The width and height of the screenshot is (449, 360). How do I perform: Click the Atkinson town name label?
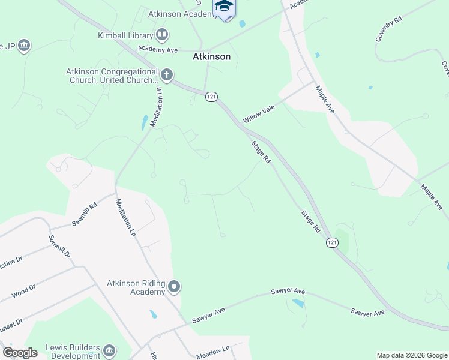click(211, 57)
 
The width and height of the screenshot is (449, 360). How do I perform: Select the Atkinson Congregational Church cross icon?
click(167, 76)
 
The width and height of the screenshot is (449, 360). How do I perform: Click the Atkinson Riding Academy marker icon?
click(175, 287)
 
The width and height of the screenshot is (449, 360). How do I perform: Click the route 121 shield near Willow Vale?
click(211, 97)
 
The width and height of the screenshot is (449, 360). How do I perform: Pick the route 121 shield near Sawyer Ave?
click(331, 242)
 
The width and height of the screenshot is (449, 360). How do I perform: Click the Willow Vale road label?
click(258, 112)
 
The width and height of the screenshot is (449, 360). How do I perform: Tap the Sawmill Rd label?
click(85, 214)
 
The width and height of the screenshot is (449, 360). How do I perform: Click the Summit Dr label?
click(59, 247)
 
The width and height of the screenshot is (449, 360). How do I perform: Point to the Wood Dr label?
click(23, 292)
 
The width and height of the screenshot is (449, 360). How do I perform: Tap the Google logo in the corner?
click(20, 353)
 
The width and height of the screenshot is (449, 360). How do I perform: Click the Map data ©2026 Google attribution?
click(411, 355)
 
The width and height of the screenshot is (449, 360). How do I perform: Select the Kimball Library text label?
click(125, 35)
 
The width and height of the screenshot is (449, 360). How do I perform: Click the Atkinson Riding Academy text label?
click(136, 287)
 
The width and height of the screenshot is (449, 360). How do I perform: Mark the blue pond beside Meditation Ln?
click(145, 122)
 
